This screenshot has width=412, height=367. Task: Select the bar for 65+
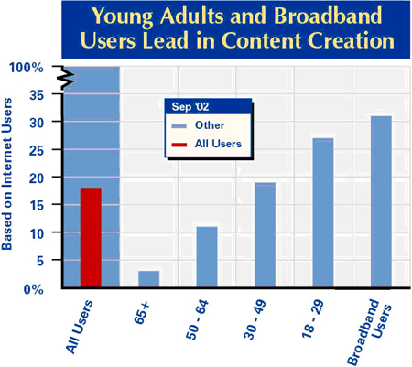pyautogui.click(x=149, y=278)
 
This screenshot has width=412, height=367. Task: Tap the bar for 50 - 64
pyautogui.click(x=207, y=256)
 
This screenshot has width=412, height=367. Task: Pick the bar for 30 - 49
pyautogui.click(x=265, y=234)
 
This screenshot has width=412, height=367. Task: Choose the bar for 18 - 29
pyautogui.click(x=322, y=212)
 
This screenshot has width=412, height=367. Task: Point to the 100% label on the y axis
pyautogui.click(x=26, y=68)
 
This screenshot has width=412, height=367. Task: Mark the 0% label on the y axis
pyautogui.click(x=31, y=289)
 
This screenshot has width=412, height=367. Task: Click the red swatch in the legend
pyautogui.click(x=179, y=143)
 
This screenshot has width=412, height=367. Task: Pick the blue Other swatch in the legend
pyautogui.click(x=179, y=124)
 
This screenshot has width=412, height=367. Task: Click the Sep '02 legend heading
pyautogui.click(x=190, y=106)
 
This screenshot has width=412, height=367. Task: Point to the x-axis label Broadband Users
pyautogui.click(x=369, y=325)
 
